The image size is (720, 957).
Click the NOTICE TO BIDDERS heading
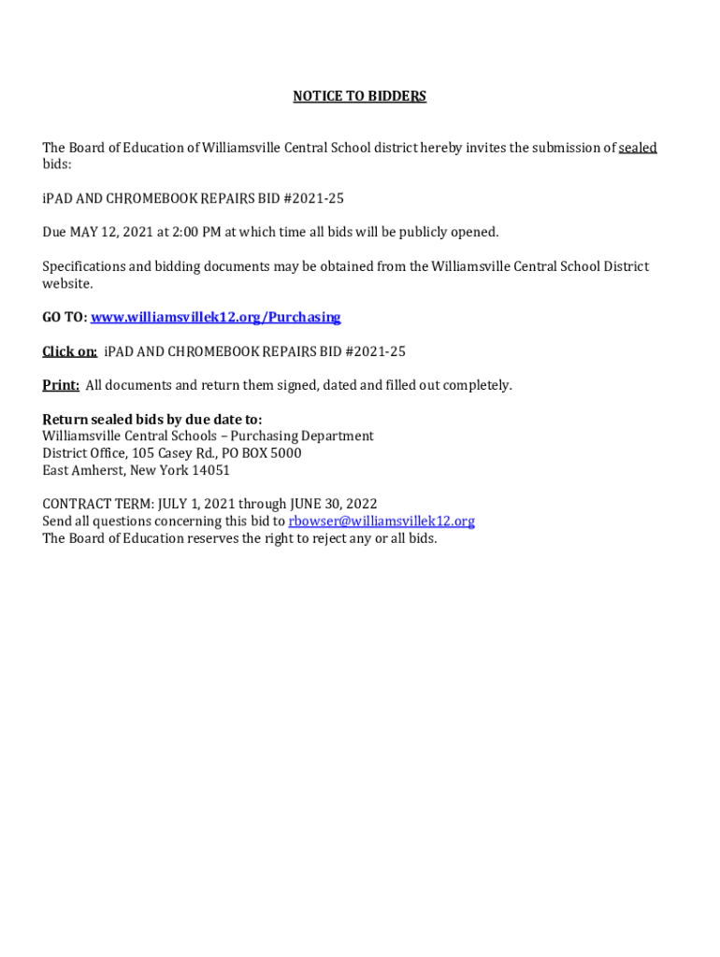point(359,96)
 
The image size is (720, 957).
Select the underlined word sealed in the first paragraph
point(638,148)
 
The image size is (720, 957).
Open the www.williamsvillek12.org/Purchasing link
point(215,318)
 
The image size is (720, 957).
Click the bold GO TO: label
point(65,318)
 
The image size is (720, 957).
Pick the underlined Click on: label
point(69,351)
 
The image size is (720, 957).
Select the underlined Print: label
point(61,385)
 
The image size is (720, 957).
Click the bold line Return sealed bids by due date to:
point(152,420)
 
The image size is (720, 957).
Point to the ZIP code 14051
point(210,470)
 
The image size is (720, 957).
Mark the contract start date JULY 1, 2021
point(184,505)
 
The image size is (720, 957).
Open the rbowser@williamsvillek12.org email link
point(382,521)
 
